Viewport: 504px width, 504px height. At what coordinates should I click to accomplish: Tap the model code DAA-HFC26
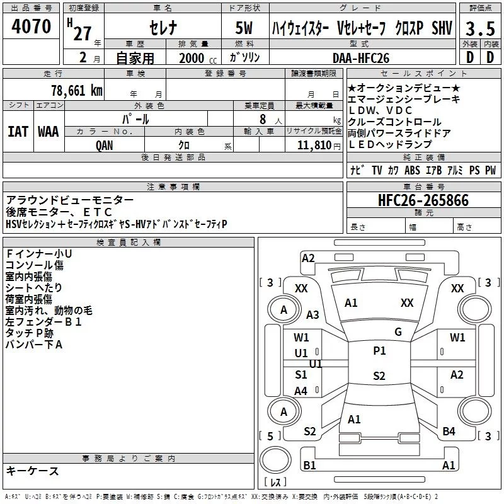coord(361,58)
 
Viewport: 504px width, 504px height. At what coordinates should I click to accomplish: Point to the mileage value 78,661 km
coord(77,90)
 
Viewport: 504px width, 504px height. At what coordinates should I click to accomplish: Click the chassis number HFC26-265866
coord(423,200)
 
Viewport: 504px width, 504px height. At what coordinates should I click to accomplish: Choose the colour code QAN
coord(104,144)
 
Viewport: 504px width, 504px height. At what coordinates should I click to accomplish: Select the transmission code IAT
coord(17,131)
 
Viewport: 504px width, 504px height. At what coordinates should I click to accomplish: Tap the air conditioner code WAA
coord(48,131)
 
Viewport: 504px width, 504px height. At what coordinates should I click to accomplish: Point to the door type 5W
coord(245,28)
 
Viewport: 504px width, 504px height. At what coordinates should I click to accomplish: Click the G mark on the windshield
coord(398,332)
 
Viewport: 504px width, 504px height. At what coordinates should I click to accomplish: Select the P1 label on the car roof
coord(379,351)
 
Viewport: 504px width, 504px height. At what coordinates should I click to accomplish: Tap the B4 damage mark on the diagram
coord(449,432)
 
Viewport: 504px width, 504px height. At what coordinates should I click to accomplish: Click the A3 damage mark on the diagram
coord(312,315)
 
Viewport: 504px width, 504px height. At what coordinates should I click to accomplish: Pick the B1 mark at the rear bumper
coord(309,465)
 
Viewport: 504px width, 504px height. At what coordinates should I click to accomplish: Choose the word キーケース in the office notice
coord(33,471)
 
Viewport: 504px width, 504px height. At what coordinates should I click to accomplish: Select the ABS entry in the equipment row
coord(412,170)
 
